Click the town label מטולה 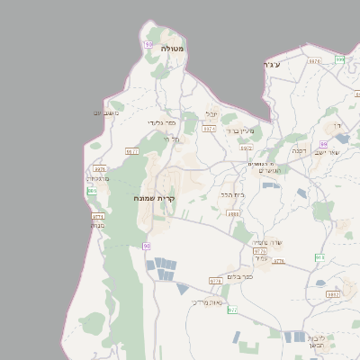coord(173,49)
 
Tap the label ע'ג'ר coord(268,65)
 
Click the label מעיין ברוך coord(240,131)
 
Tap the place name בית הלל coord(232,193)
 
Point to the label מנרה coord(99,226)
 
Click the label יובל coord(212,114)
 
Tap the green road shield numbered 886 coord(92,191)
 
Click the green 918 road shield coord(319,257)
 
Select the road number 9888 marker coord(234,214)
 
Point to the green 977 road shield coord(232,310)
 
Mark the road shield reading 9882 coord(333,293)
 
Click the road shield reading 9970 coord(313,61)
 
